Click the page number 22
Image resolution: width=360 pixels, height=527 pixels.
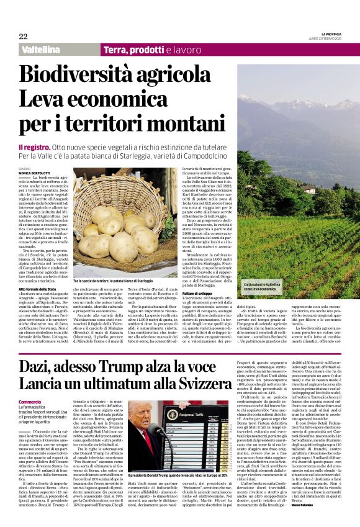click(23, 36)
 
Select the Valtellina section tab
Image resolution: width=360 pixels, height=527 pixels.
click(40, 49)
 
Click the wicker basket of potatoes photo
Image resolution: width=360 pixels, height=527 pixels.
click(125, 227)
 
